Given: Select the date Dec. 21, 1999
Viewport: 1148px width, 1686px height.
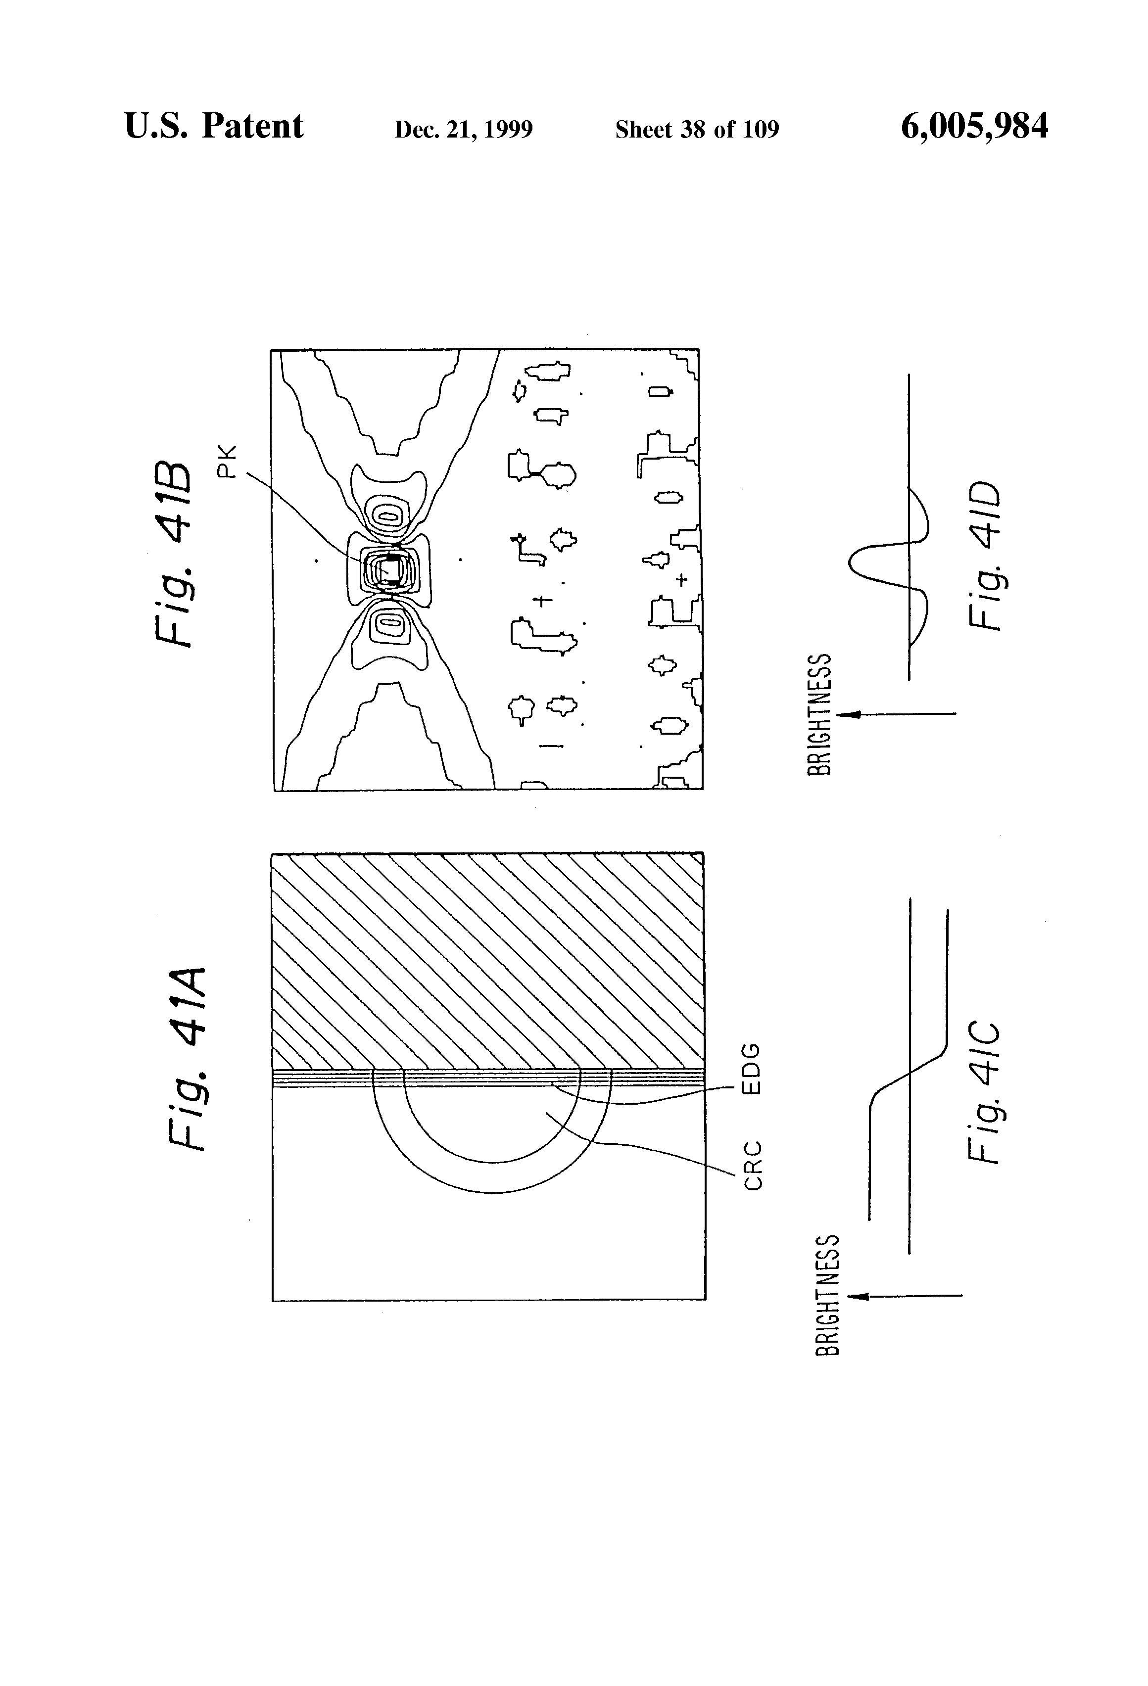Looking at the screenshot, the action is coord(463,129).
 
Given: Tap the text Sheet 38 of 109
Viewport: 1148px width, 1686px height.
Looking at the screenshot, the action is coord(697,129).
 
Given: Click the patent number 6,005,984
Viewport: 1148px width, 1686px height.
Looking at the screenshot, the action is coord(974,126).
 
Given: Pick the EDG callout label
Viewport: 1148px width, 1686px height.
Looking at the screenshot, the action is coord(753,1068).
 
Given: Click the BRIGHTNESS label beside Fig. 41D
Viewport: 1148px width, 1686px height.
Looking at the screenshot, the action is coord(818,714).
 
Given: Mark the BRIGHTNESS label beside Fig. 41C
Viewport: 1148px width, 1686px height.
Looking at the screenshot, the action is coord(827,1295).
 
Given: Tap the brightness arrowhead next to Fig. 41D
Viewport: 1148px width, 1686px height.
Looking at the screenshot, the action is coord(846,714).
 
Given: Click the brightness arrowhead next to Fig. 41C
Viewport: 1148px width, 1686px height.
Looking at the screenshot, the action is coord(856,1296).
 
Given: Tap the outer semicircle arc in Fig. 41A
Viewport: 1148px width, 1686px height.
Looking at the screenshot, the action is coord(492,1191).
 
